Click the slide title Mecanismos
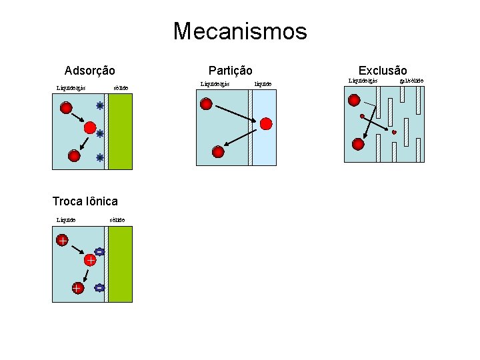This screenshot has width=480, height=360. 240,31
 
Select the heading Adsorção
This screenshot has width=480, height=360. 89,71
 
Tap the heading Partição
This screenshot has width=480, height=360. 230,71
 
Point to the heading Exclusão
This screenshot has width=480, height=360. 382,71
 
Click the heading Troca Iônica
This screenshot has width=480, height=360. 85,201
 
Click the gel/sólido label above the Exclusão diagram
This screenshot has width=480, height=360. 411,81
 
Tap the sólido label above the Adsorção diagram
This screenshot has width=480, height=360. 121,87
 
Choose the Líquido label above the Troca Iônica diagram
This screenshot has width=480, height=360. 66,219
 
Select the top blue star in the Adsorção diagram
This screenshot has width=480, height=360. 100,105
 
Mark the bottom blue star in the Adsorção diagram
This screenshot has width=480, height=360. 100,158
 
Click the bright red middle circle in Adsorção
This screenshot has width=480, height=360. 90,126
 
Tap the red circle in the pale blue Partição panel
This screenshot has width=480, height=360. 266,123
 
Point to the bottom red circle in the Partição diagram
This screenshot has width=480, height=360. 218,151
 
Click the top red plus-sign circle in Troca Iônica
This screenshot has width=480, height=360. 62,241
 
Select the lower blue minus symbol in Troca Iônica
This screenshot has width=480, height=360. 99,288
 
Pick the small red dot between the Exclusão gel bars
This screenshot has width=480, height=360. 394,133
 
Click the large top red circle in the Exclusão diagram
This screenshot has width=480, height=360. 354,100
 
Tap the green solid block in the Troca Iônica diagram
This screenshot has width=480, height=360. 120,264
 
